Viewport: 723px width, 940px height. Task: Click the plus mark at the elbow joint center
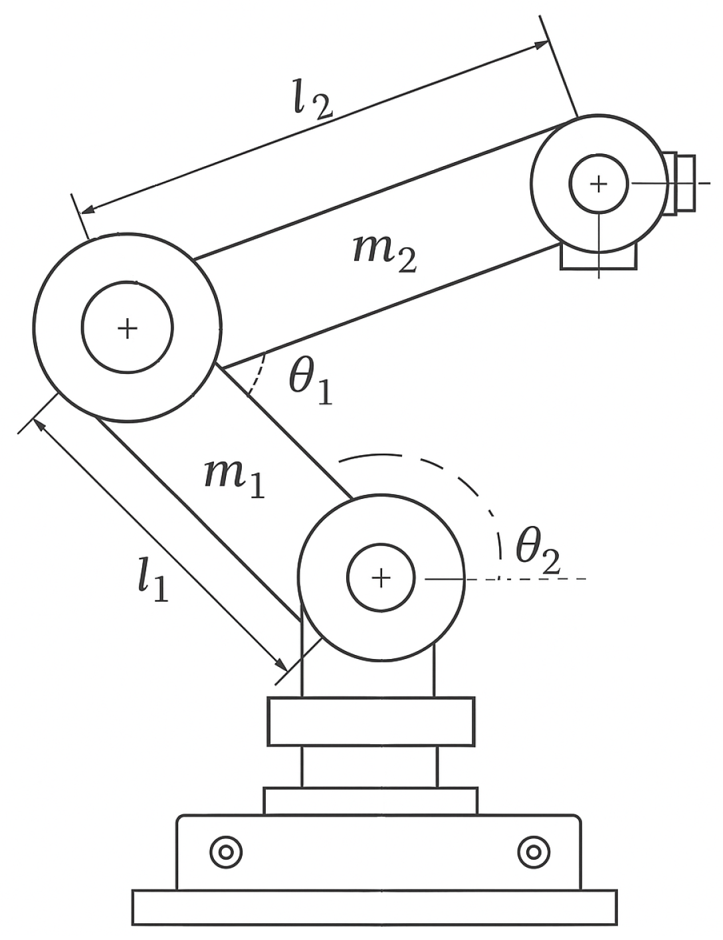tap(127, 328)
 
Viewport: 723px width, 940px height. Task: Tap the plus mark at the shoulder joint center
tap(381, 578)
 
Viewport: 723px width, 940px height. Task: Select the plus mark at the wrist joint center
tap(599, 184)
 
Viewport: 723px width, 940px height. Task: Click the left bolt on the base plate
tap(226, 852)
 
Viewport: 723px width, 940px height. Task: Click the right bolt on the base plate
tap(534, 852)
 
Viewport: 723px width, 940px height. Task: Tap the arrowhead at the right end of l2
tap(542, 45)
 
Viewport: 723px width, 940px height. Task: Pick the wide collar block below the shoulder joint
tap(371, 721)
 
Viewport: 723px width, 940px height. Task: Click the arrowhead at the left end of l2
tap(86, 211)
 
